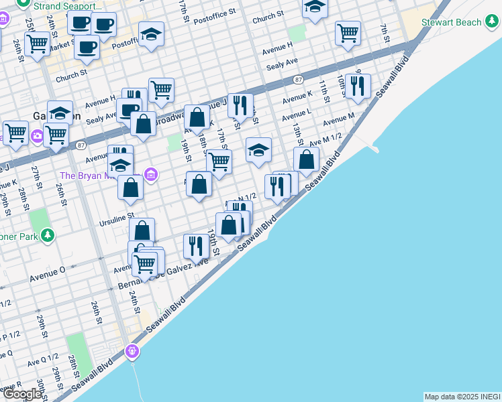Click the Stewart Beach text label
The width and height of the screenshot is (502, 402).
pyautogui.click(x=451, y=23)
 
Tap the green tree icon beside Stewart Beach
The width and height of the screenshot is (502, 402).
pyautogui.click(x=493, y=22)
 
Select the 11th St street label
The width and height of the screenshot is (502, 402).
pyautogui.click(x=323, y=89)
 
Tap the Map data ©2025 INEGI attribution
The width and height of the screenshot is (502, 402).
pyautogui.click(x=462, y=397)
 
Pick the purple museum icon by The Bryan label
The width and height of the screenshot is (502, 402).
pyautogui.click(x=151, y=176)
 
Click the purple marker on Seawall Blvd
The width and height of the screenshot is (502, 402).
pyautogui.click(x=133, y=350)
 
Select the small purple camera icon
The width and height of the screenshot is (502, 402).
pyautogui.click(x=37, y=136)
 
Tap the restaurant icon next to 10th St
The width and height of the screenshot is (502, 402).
pyautogui.click(x=358, y=86)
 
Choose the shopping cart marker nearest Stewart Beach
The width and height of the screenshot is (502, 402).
pyautogui.click(x=348, y=32)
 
